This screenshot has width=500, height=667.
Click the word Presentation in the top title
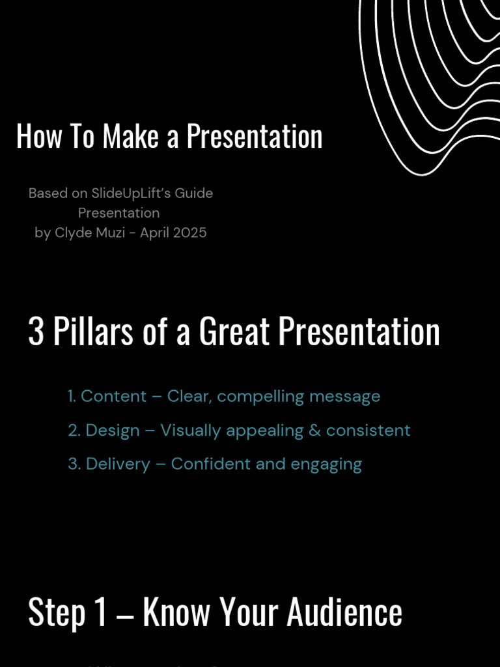click(x=255, y=137)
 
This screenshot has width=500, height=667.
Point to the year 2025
click(x=189, y=233)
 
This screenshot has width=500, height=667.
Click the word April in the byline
click(x=154, y=233)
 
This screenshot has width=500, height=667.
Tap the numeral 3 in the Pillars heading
click(x=36, y=332)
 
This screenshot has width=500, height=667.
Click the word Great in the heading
click(x=234, y=332)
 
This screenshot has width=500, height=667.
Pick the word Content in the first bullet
click(x=114, y=396)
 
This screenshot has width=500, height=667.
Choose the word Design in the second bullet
click(x=113, y=431)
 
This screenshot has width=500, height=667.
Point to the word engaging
click(x=328, y=464)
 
